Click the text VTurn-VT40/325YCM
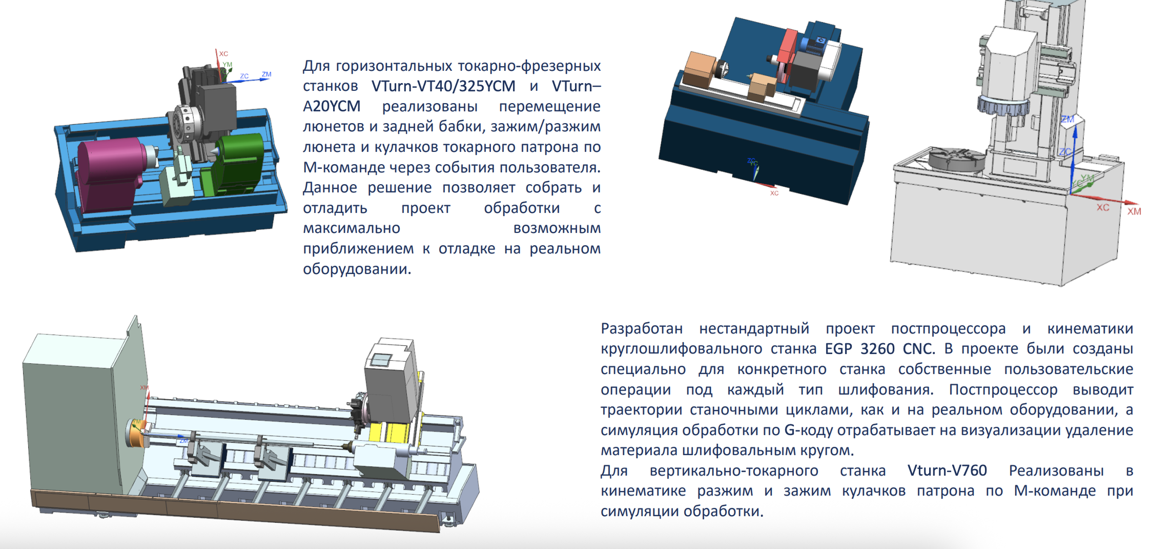tap(443, 86)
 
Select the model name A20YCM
tap(332, 106)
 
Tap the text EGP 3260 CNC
tap(880, 349)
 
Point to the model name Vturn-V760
tap(947, 470)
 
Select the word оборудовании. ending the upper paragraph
tap(357, 269)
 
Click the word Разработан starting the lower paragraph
tap(642, 328)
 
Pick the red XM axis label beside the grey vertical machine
tap(1134, 211)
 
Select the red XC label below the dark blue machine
tap(774, 193)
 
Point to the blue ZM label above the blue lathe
tap(266, 74)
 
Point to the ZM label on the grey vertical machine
tap(1067, 119)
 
